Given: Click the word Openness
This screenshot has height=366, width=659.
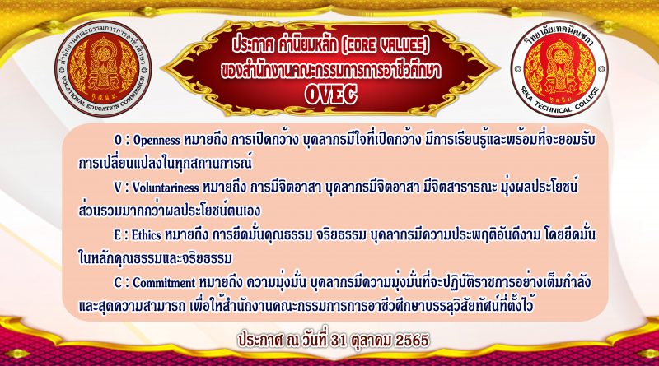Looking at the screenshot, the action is pos(157,140).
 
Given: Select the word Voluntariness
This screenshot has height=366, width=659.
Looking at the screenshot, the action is pos(166,188).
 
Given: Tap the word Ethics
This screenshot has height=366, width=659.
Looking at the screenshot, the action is pos(147,235).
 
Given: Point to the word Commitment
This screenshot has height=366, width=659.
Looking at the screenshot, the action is pos(164,283).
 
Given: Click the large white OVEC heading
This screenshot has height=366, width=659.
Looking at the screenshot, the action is pos(331,95).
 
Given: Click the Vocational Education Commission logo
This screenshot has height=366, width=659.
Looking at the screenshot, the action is pos(103,68).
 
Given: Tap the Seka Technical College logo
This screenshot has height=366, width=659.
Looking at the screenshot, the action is pos(559,68).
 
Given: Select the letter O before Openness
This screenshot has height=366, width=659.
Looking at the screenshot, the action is pos(118,140).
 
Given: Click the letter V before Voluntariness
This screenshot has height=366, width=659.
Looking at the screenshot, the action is pos(118,188).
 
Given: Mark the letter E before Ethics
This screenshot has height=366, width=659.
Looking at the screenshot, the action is pos(117,235).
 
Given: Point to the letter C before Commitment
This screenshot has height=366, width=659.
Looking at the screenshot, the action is pos(118,283).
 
